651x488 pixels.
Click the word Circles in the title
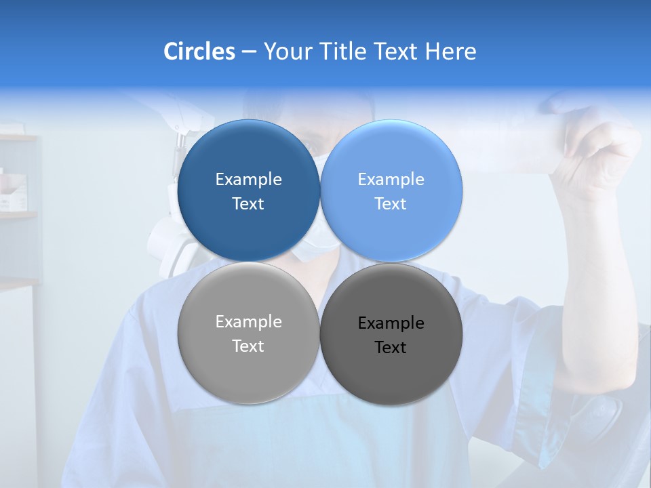pos(199,52)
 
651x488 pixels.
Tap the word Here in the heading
pos(450,52)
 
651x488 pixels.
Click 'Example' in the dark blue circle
pos(248,180)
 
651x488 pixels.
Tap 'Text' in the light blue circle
pos(391,204)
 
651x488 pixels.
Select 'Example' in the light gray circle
pos(248,322)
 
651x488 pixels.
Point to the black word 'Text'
pos(391,348)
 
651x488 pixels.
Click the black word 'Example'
pos(391,323)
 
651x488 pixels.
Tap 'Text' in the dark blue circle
pos(248,204)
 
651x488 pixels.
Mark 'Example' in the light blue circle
pos(391,180)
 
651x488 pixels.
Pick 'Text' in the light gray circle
pos(248,346)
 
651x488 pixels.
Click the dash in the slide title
pos(248,52)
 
